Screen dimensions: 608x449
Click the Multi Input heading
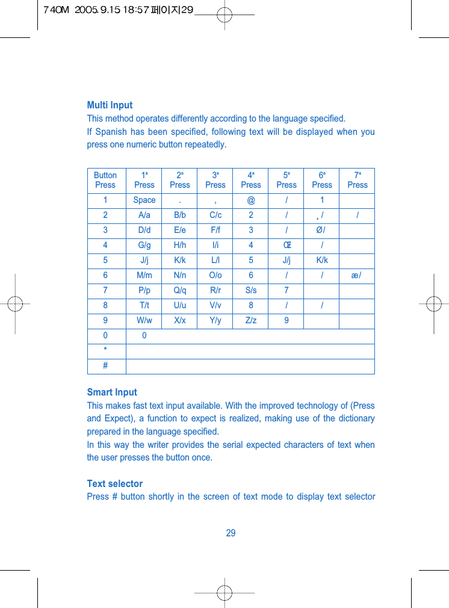[x=110, y=105]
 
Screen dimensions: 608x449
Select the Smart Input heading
[x=112, y=392]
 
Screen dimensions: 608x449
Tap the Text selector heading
[x=114, y=484]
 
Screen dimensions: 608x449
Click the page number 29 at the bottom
[x=231, y=533]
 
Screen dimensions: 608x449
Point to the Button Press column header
[x=105, y=180]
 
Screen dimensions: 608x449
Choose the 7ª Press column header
[x=357, y=180]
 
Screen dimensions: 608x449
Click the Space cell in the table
[x=144, y=200]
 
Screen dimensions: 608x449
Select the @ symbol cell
[x=251, y=200]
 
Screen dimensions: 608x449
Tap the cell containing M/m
[x=144, y=276]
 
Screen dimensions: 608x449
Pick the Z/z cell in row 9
[x=251, y=321]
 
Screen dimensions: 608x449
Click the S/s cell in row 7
[x=251, y=291]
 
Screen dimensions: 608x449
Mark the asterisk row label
[x=105, y=351]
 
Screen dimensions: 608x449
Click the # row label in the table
[x=105, y=366]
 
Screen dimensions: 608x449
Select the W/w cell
[x=144, y=321]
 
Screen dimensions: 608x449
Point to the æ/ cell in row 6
[x=357, y=276]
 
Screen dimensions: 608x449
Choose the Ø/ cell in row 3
[x=322, y=231]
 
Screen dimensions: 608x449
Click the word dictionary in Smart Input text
[x=357, y=419]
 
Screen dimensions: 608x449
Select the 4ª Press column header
[x=251, y=180]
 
